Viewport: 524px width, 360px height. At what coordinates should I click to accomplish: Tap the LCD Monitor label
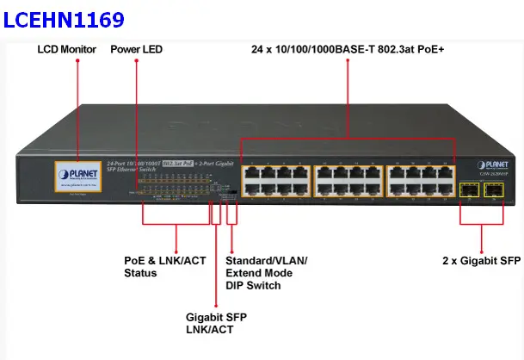[67, 50]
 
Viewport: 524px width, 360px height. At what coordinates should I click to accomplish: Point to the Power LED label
[136, 50]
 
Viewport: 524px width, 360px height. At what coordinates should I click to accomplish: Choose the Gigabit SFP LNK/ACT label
[216, 323]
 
